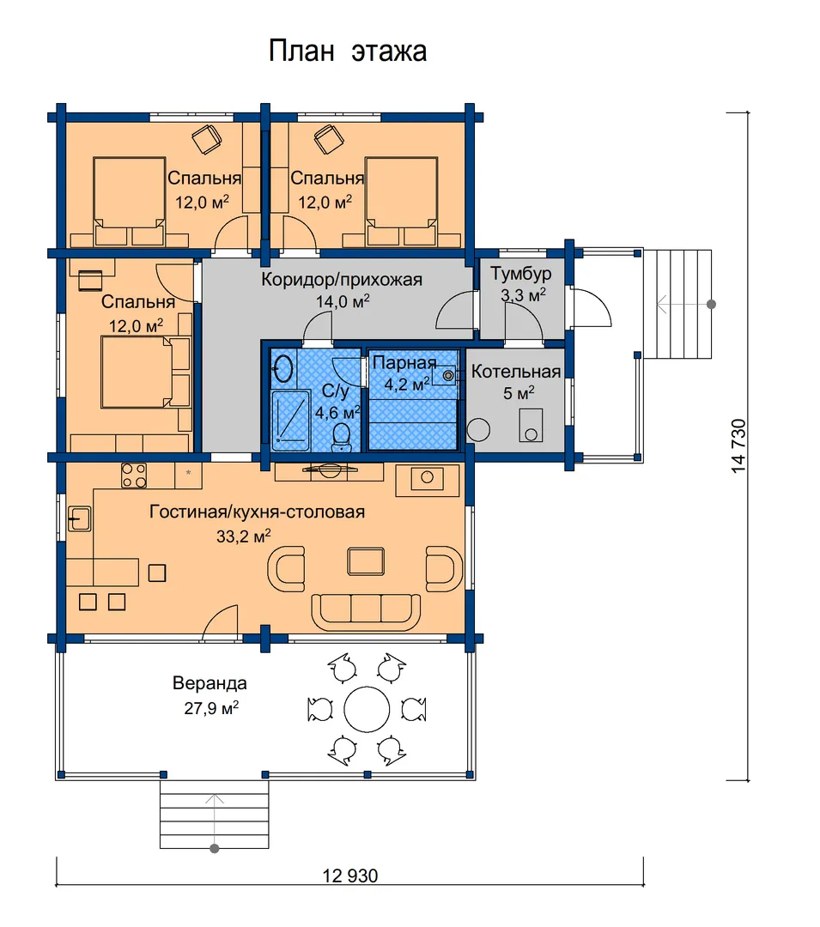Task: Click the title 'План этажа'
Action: [348, 51]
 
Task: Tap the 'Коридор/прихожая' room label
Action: [342, 280]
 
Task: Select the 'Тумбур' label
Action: [521, 275]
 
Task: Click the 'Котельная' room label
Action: [516, 372]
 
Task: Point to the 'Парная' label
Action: [404, 363]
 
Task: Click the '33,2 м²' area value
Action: [244, 536]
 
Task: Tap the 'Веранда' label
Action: [210, 683]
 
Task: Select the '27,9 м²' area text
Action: [211, 707]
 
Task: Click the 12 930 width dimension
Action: [350, 875]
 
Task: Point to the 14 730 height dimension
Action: [738, 445]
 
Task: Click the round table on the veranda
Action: [367, 710]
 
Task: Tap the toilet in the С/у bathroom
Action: [341, 437]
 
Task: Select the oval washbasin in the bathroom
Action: [283, 367]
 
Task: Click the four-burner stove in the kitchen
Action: [134, 476]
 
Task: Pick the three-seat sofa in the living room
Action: [366, 613]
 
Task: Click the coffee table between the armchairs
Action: [366, 561]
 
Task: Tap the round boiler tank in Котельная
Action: [478, 430]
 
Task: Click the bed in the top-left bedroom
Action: [129, 201]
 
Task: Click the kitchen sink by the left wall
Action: [79, 519]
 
